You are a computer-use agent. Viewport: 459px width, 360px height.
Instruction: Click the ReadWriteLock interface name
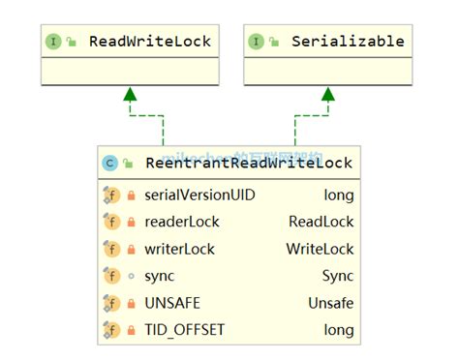click(x=149, y=42)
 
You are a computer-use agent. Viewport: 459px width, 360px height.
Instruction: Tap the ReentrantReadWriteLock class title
click(x=248, y=164)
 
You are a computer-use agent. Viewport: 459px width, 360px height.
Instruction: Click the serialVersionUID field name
click(x=199, y=195)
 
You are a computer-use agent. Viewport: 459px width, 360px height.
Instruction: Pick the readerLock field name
click(x=181, y=222)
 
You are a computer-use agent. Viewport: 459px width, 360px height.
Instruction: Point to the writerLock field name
click(x=179, y=249)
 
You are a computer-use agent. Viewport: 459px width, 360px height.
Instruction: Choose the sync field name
click(x=159, y=276)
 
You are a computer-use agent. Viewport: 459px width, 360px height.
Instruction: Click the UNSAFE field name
click(x=171, y=303)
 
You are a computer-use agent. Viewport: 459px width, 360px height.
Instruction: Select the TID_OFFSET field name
click(x=184, y=330)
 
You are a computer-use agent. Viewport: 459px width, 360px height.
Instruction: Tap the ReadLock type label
click(x=321, y=222)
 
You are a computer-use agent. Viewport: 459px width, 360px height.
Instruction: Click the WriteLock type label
click(x=320, y=249)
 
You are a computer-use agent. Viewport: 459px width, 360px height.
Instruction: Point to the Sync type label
click(x=338, y=276)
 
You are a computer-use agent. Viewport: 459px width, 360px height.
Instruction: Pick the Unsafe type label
click(x=331, y=303)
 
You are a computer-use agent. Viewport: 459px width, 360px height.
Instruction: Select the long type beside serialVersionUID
click(x=339, y=195)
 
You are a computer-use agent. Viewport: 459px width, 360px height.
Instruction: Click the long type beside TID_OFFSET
click(x=339, y=330)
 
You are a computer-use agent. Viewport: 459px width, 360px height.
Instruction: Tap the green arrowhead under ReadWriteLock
click(x=129, y=94)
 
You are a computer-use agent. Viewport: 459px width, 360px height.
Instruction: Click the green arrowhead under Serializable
click(x=328, y=94)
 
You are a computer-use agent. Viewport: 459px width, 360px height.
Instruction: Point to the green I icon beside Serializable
click(x=256, y=42)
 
